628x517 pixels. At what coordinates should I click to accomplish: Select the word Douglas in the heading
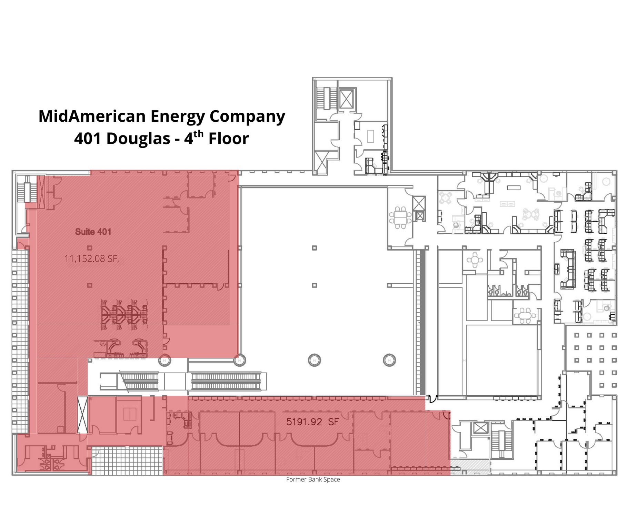(138, 139)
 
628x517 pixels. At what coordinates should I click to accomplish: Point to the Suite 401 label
(93, 232)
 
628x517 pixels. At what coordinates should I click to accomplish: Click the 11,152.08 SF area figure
(92, 258)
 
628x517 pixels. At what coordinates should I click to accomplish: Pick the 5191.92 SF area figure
(312, 422)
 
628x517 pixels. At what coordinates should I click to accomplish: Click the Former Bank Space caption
(313, 479)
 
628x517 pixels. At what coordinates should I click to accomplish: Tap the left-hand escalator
(140, 381)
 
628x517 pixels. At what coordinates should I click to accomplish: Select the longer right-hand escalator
(226, 381)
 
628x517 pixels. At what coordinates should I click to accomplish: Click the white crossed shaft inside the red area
(82, 415)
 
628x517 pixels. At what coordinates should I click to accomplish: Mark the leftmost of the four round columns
(165, 361)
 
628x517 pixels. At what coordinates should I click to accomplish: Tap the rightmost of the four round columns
(389, 360)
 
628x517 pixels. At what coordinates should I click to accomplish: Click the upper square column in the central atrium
(314, 248)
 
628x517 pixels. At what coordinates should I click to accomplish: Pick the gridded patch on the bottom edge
(127, 461)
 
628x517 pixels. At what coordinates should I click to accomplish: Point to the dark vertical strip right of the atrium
(421, 322)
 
